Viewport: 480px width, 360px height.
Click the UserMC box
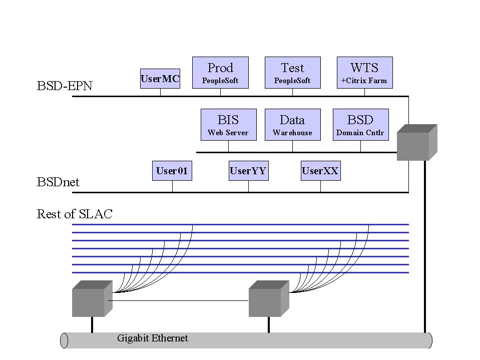pos(160,79)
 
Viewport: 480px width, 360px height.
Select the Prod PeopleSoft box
pos(220,73)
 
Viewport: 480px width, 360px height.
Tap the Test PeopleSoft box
pos(292,73)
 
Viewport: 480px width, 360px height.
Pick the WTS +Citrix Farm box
pos(364,73)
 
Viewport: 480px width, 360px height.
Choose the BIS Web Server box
pos(228,125)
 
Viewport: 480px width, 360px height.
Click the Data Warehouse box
pos(292,125)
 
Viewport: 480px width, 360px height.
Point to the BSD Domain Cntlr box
pos(360,125)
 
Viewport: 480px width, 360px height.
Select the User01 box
pos(172,171)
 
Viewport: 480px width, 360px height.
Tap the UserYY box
pos(248,171)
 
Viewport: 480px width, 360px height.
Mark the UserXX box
pos(320,171)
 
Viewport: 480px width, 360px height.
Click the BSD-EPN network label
pos(65,86)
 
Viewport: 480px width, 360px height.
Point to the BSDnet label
pos(58,182)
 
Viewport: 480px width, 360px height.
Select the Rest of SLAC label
pos(75,214)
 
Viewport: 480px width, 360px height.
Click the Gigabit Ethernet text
pos(153,338)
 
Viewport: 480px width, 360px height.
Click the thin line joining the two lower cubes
pos(178,300)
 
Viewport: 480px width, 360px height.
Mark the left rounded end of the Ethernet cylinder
pos(64,340)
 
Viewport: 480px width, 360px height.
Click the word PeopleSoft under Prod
pos(220,81)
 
